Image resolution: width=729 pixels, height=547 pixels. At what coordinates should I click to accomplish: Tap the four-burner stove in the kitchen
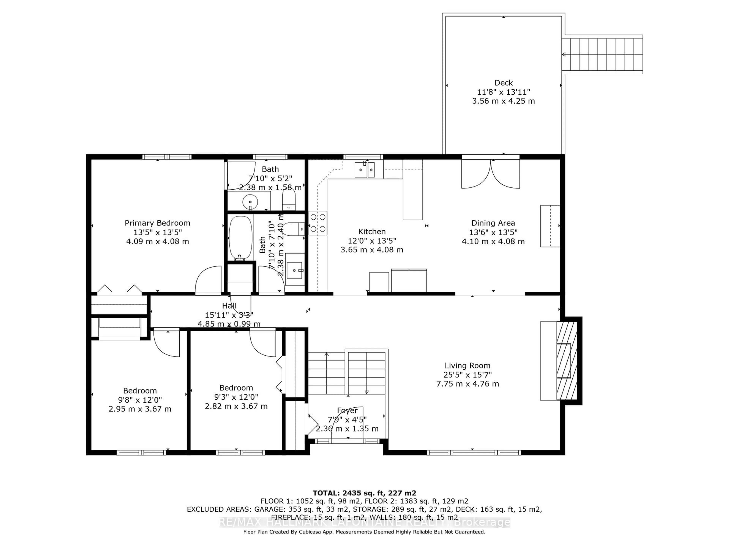[x=318, y=223]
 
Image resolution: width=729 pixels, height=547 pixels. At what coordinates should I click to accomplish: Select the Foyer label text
[x=347, y=410]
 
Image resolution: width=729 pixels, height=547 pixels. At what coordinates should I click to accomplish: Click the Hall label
[x=229, y=306]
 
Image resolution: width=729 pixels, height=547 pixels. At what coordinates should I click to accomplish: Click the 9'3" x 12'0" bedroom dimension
[x=236, y=397]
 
